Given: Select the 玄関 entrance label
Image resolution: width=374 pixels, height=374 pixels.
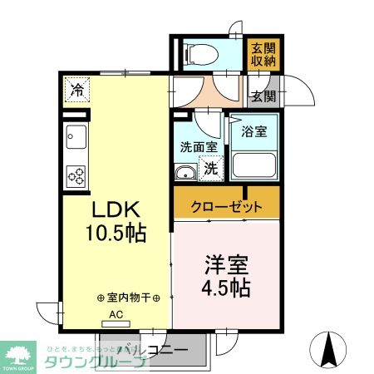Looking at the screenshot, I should coord(263,96).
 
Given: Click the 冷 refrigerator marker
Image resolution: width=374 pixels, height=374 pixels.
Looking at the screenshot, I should coord(78,87).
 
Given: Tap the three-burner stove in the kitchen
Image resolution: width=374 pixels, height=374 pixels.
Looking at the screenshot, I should coord(76,175).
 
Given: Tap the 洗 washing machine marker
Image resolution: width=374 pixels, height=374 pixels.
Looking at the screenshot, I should coord(211,169).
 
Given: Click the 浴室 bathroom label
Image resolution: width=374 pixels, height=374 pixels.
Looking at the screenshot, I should coord(253,130).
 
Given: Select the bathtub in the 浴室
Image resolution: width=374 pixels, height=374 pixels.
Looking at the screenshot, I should coord(253,162).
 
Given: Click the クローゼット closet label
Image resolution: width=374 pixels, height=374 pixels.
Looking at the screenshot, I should coord(227,205).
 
